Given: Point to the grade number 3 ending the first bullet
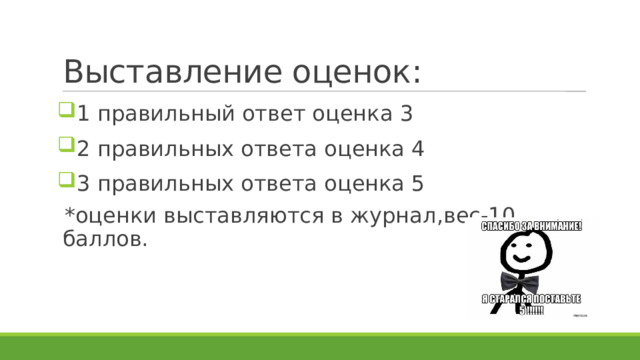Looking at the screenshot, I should pos(406,114).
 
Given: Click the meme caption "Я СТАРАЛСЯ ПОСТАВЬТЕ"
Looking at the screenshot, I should pos(532,299).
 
